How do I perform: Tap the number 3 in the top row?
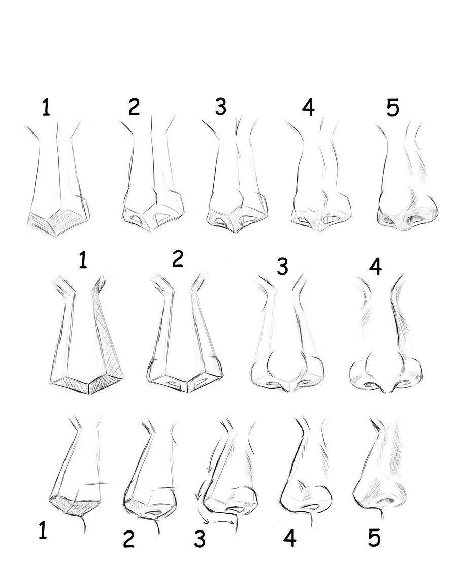tap(221, 107)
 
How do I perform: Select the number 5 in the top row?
tap(393, 108)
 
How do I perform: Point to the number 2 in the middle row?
tap(178, 259)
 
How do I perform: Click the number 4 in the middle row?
tap(375, 267)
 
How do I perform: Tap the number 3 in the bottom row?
tap(200, 539)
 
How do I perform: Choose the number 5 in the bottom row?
tap(374, 538)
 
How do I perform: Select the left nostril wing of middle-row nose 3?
tap(260, 374)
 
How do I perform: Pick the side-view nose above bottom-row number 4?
tap(306, 471)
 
